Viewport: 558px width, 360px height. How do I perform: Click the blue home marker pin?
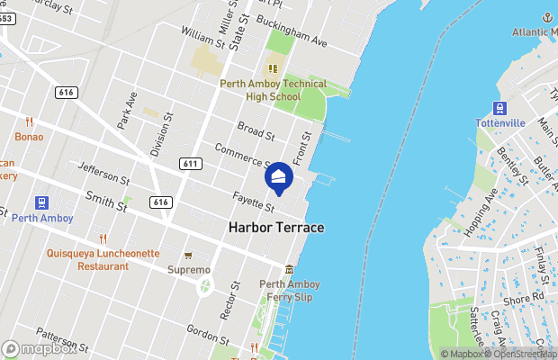tap(277, 180)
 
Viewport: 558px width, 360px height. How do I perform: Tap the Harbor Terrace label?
tap(276, 228)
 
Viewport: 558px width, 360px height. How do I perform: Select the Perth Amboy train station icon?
tap(41, 203)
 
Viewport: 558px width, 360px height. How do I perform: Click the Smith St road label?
tap(106, 200)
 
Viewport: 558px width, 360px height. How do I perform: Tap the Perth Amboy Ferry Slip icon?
tap(289, 270)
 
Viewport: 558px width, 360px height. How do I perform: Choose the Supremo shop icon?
tap(188, 256)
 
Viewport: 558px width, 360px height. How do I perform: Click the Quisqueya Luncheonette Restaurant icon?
tap(103, 238)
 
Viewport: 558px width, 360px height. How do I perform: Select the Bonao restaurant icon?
tap(29, 121)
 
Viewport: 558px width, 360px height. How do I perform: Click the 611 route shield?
tap(190, 164)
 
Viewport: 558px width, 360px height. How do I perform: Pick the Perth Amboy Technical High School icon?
tap(272, 68)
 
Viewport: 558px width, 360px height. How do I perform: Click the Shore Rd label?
tap(525, 297)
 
